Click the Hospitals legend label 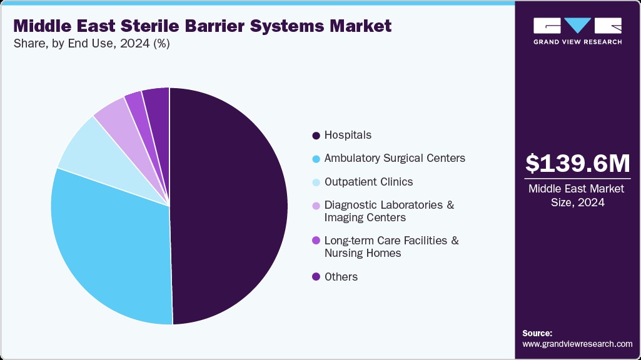pyautogui.click(x=348, y=135)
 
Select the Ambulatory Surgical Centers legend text pyautogui.click(x=395, y=158)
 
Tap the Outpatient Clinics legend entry pyautogui.click(x=368, y=182)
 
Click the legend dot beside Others pyautogui.click(x=316, y=277)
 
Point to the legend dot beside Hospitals pyautogui.click(x=316, y=136)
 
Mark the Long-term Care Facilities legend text pyautogui.click(x=391, y=247)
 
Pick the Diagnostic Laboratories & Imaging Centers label pyautogui.click(x=389, y=211)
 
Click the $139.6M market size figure pyautogui.click(x=577, y=163)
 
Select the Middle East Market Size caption pyautogui.click(x=577, y=196)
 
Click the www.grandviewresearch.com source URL pyautogui.click(x=577, y=344)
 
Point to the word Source pyautogui.click(x=537, y=333)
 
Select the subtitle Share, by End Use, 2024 pyautogui.click(x=91, y=44)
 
